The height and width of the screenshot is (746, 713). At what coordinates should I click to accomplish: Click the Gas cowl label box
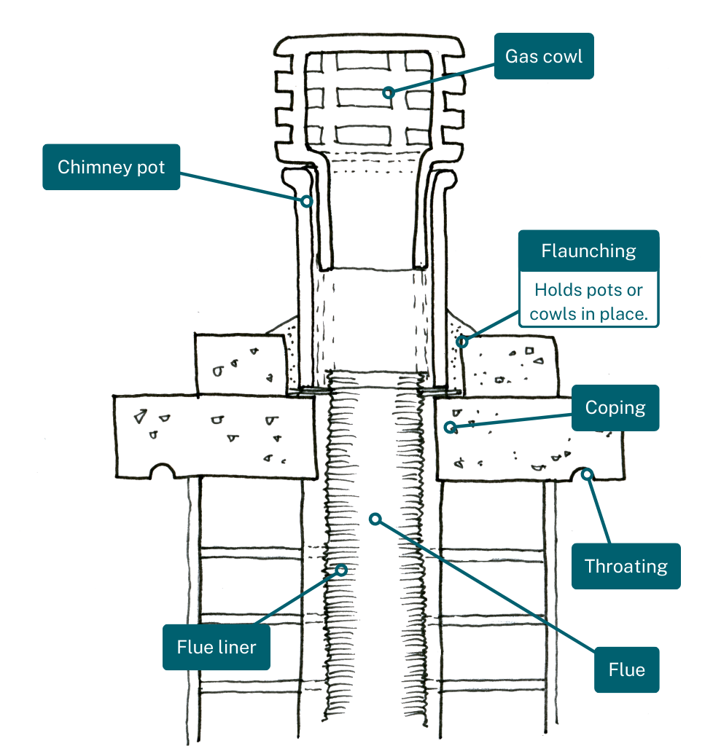click(x=544, y=56)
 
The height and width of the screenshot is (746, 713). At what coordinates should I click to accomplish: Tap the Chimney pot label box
click(x=111, y=167)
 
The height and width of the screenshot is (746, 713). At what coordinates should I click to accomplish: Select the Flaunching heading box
click(x=588, y=251)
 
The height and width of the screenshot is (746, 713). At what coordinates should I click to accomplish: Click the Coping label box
click(x=615, y=408)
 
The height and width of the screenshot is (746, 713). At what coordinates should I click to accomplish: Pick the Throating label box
click(x=626, y=566)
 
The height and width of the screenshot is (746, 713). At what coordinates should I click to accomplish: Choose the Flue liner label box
click(x=216, y=647)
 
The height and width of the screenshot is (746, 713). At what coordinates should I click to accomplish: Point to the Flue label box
click(x=626, y=670)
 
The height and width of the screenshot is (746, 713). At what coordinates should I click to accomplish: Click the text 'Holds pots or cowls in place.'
click(x=588, y=302)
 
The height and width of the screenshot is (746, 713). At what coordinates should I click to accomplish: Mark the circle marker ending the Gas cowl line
click(x=389, y=93)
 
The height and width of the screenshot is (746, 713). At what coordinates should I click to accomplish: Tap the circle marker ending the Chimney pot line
click(x=308, y=200)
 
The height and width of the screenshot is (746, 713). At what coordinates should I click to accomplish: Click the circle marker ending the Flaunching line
click(x=461, y=340)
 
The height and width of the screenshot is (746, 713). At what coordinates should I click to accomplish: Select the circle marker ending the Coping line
click(x=451, y=427)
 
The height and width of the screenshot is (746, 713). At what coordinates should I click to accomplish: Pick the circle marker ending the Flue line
click(x=375, y=519)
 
